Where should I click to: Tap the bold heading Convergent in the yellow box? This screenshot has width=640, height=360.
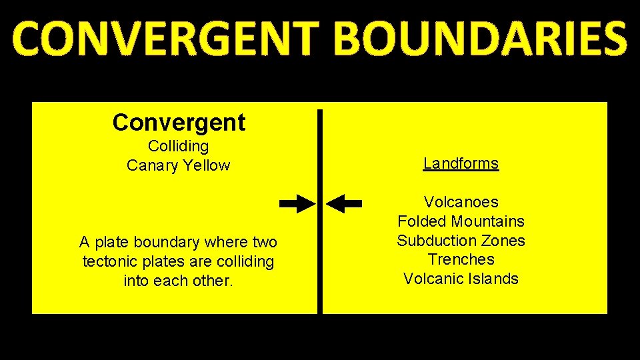click(179, 122)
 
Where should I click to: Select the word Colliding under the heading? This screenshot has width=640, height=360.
click(178, 146)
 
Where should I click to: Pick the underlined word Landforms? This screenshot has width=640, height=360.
click(461, 163)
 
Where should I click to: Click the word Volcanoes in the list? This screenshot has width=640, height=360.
click(461, 202)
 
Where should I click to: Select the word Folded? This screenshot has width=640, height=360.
click(422, 221)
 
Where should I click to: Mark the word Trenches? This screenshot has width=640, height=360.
click(461, 259)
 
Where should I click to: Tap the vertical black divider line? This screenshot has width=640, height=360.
click(320, 267)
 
